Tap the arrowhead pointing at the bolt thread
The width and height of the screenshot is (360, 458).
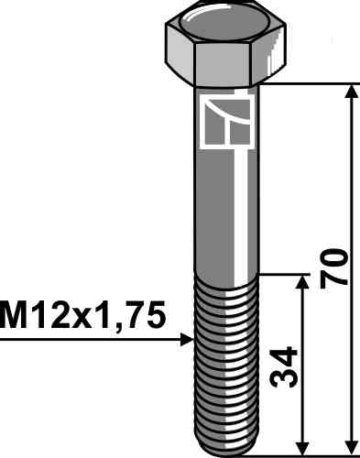point(186,340)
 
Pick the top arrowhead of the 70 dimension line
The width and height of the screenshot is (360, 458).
point(351,93)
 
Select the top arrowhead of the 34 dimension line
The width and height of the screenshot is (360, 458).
point(301,280)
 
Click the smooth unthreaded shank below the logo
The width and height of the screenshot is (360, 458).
point(224,211)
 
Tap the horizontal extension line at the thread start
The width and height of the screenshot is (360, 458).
point(284,273)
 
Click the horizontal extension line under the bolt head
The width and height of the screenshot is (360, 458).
point(311,85)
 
